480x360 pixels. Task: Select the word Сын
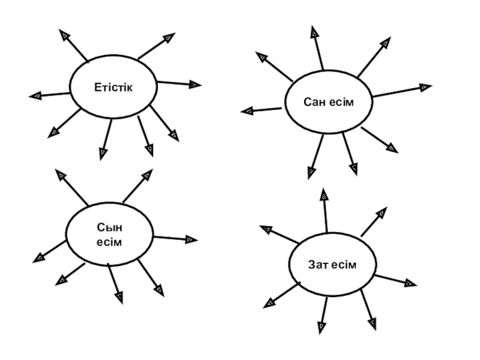(109, 228)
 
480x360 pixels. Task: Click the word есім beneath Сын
(109, 242)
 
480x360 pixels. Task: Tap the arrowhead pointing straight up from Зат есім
(323, 193)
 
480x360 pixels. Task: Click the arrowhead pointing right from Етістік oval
(195, 85)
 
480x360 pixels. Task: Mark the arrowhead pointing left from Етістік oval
(35, 95)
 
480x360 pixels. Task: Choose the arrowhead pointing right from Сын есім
(191, 239)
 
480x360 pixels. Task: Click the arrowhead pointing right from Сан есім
(425, 87)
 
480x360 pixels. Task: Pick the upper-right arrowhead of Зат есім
(382, 212)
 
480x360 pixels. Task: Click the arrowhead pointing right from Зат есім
(411, 282)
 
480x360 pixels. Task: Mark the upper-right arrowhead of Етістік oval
(170, 38)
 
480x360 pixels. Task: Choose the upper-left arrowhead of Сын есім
(61, 175)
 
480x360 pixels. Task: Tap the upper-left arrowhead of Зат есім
(265, 229)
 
